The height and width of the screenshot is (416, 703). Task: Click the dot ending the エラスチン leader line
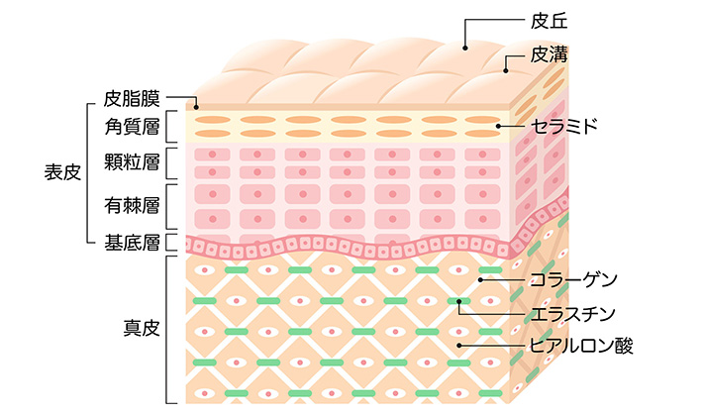tap(459, 301)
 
